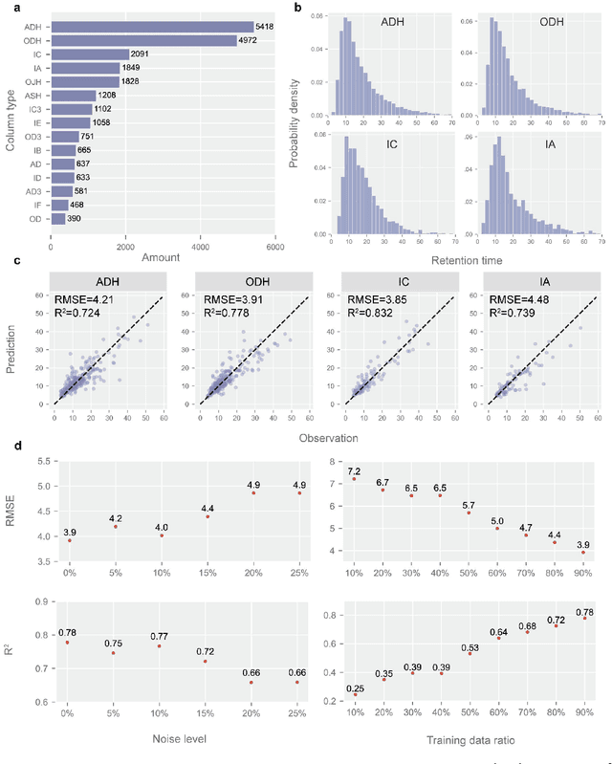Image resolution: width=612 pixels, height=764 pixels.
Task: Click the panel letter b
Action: coord(298,8)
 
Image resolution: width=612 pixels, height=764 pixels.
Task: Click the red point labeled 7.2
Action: coord(355,478)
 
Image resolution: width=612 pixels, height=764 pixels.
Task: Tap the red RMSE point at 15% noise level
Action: coord(207,517)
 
